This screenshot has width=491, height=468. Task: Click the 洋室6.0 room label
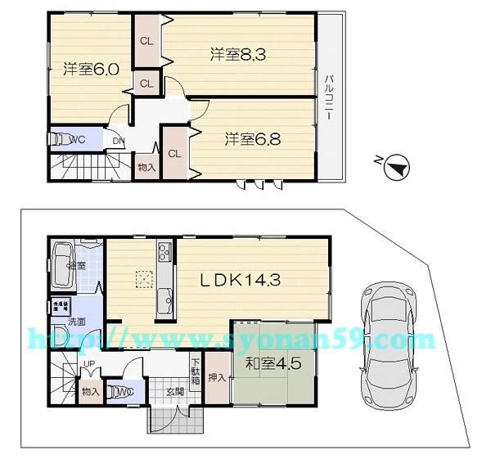[92, 70]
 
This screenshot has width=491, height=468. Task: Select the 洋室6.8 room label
[253, 140]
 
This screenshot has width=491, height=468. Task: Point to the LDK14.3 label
[241, 280]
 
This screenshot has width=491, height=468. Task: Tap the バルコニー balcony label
[327, 97]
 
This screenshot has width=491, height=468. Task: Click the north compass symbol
[396, 167]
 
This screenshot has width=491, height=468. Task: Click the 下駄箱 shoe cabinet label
[196, 372]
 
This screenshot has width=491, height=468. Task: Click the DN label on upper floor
[119, 140]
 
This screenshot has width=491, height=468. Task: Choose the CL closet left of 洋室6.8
[174, 153]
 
